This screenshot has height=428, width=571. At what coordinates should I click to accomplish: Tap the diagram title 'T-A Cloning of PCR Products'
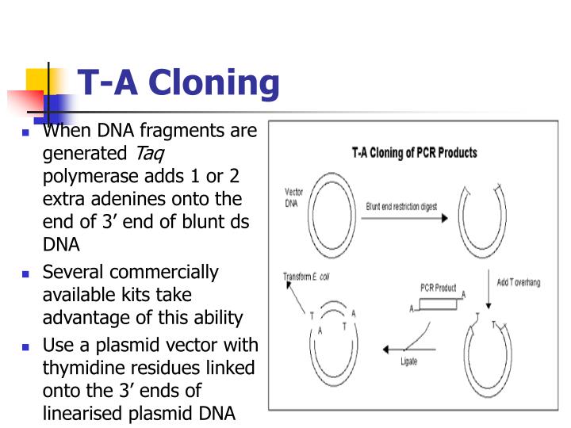click(414, 152)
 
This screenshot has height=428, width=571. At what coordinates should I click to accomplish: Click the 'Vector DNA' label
click(293, 197)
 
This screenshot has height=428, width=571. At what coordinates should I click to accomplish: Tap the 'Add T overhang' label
click(519, 283)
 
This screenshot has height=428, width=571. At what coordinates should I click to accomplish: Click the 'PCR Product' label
click(438, 288)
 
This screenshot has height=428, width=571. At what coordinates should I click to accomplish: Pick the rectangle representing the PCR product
click(439, 303)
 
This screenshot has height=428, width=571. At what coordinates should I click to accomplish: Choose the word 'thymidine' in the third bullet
click(81, 369)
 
